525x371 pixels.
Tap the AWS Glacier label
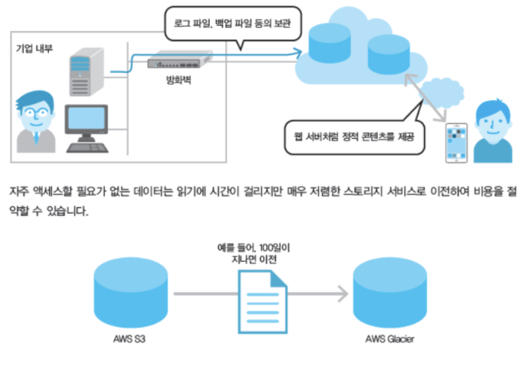389,339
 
